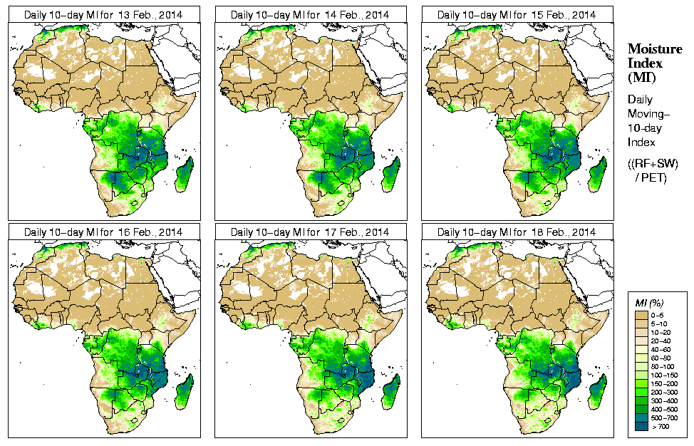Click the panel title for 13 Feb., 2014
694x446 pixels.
click(103, 14)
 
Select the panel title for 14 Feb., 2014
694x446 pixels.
click(310, 14)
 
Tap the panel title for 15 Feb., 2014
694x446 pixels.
click(517, 14)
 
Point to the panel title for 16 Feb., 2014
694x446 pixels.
click(103, 232)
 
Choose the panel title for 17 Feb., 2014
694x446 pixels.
click(310, 232)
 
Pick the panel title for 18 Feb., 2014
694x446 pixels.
click(517, 232)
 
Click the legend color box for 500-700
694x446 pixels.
click(641, 417)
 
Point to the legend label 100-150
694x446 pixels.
click(665, 374)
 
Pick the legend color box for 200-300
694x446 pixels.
click(641, 391)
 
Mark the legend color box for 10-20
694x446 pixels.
click(641, 331)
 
